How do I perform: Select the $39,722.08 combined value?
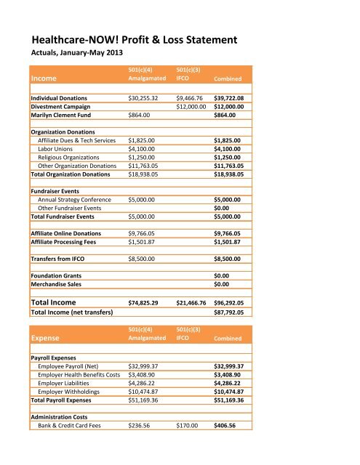coord(233,97)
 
